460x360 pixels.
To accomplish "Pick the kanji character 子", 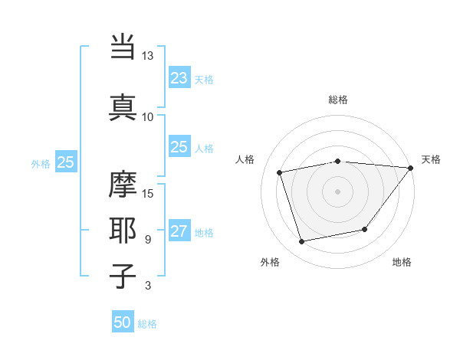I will click(123, 277).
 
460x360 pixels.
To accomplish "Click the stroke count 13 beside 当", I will click(148, 56).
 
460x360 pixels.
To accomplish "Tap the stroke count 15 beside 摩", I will click(148, 193).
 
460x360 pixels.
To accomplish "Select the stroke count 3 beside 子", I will click(147, 286).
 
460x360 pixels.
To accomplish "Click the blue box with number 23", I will click(179, 78).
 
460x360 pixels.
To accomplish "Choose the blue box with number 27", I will click(179, 232).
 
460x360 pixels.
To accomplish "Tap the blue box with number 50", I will click(123, 322).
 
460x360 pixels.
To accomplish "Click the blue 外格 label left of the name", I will click(41, 163).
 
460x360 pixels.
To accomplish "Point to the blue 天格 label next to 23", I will click(204, 80).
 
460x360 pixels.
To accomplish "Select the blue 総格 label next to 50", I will click(147, 324).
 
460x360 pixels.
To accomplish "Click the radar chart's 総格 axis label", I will click(338, 100).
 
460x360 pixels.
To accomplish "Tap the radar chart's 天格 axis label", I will click(431, 159).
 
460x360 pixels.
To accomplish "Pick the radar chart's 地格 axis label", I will click(402, 262).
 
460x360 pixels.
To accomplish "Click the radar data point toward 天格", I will click(410, 168).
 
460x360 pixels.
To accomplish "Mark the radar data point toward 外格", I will click(302, 242).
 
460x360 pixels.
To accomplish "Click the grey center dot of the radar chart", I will click(338, 191).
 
